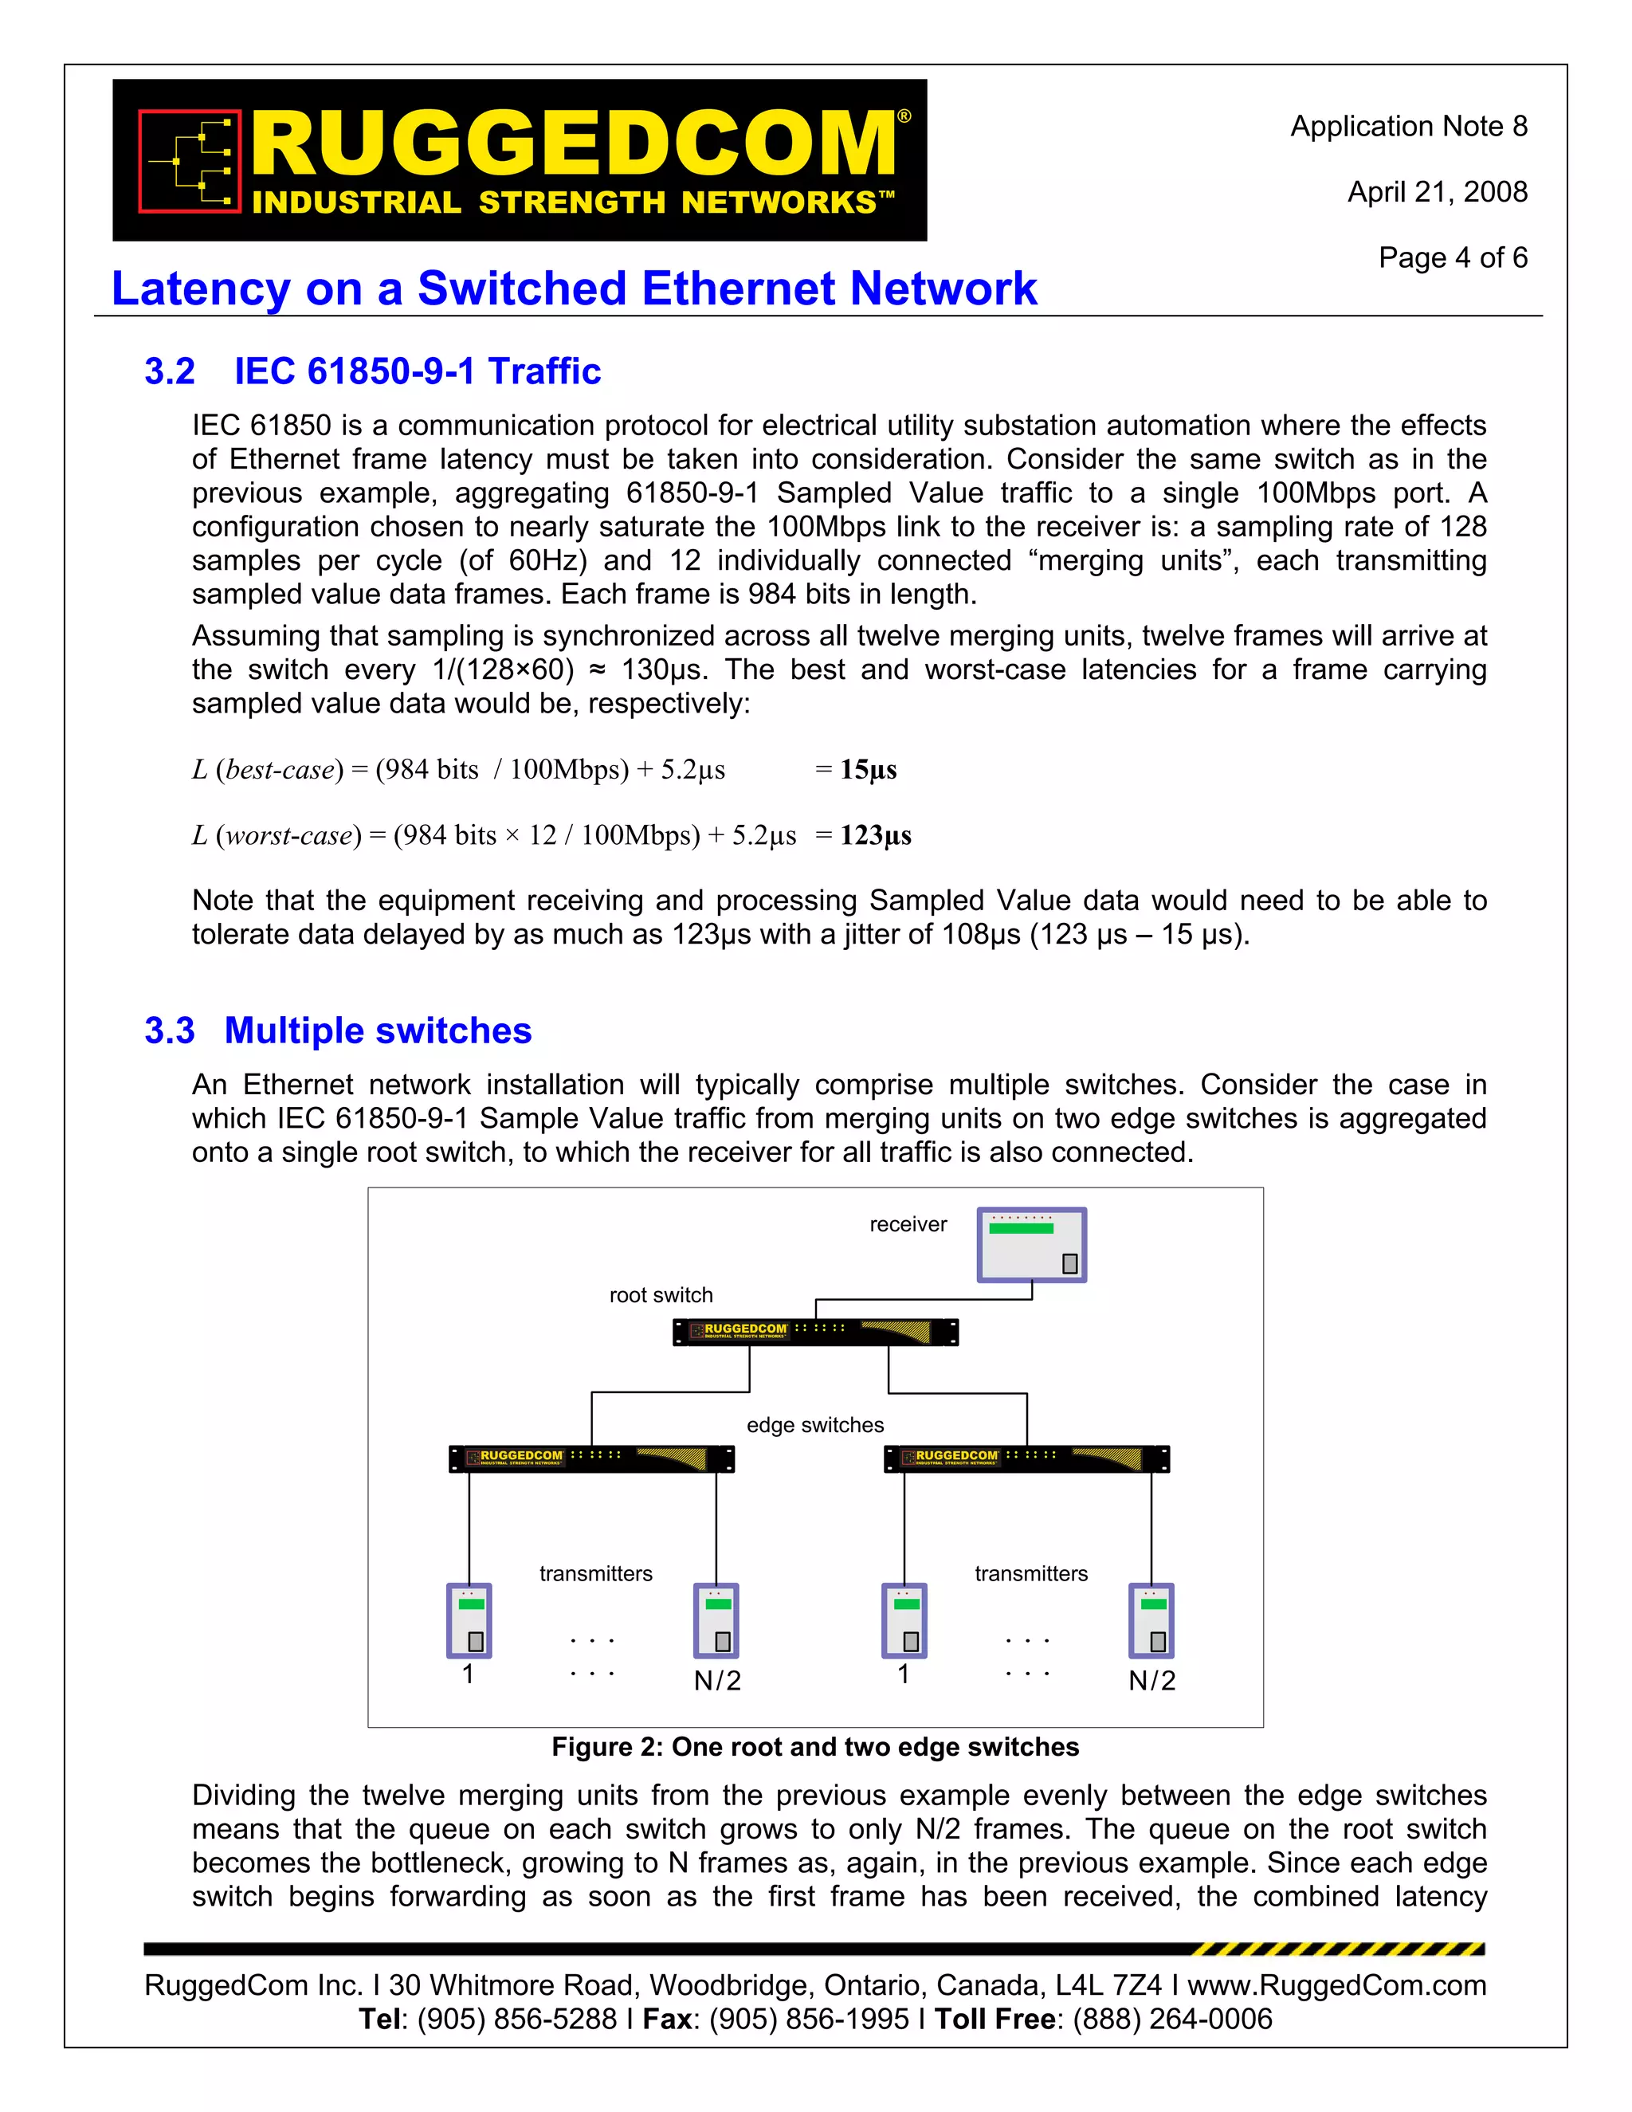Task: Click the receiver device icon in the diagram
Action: [x=1032, y=1245]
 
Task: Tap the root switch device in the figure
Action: [x=815, y=1332]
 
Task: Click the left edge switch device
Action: [x=592, y=1458]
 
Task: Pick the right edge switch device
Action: [x=1026, y=1458]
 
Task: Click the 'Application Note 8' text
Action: [x=1409, y=127]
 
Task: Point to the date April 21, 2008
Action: [x=1438, y=192]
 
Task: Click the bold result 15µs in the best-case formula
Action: [x=869, y=770]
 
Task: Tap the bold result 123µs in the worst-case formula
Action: [x=875, y=835]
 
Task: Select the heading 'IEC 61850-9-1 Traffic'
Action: [x=417, y=371]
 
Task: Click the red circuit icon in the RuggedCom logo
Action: [x=190, y=160]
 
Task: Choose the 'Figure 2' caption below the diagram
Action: [x=815, y=1746]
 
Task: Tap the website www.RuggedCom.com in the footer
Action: [x=1336, y=1984]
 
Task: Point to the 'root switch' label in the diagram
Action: [x=661, y=1295]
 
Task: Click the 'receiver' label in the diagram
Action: [x=908, y=1224]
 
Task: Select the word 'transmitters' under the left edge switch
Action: [x=595, y=1573]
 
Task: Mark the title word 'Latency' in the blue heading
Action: [x=200, y=289]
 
